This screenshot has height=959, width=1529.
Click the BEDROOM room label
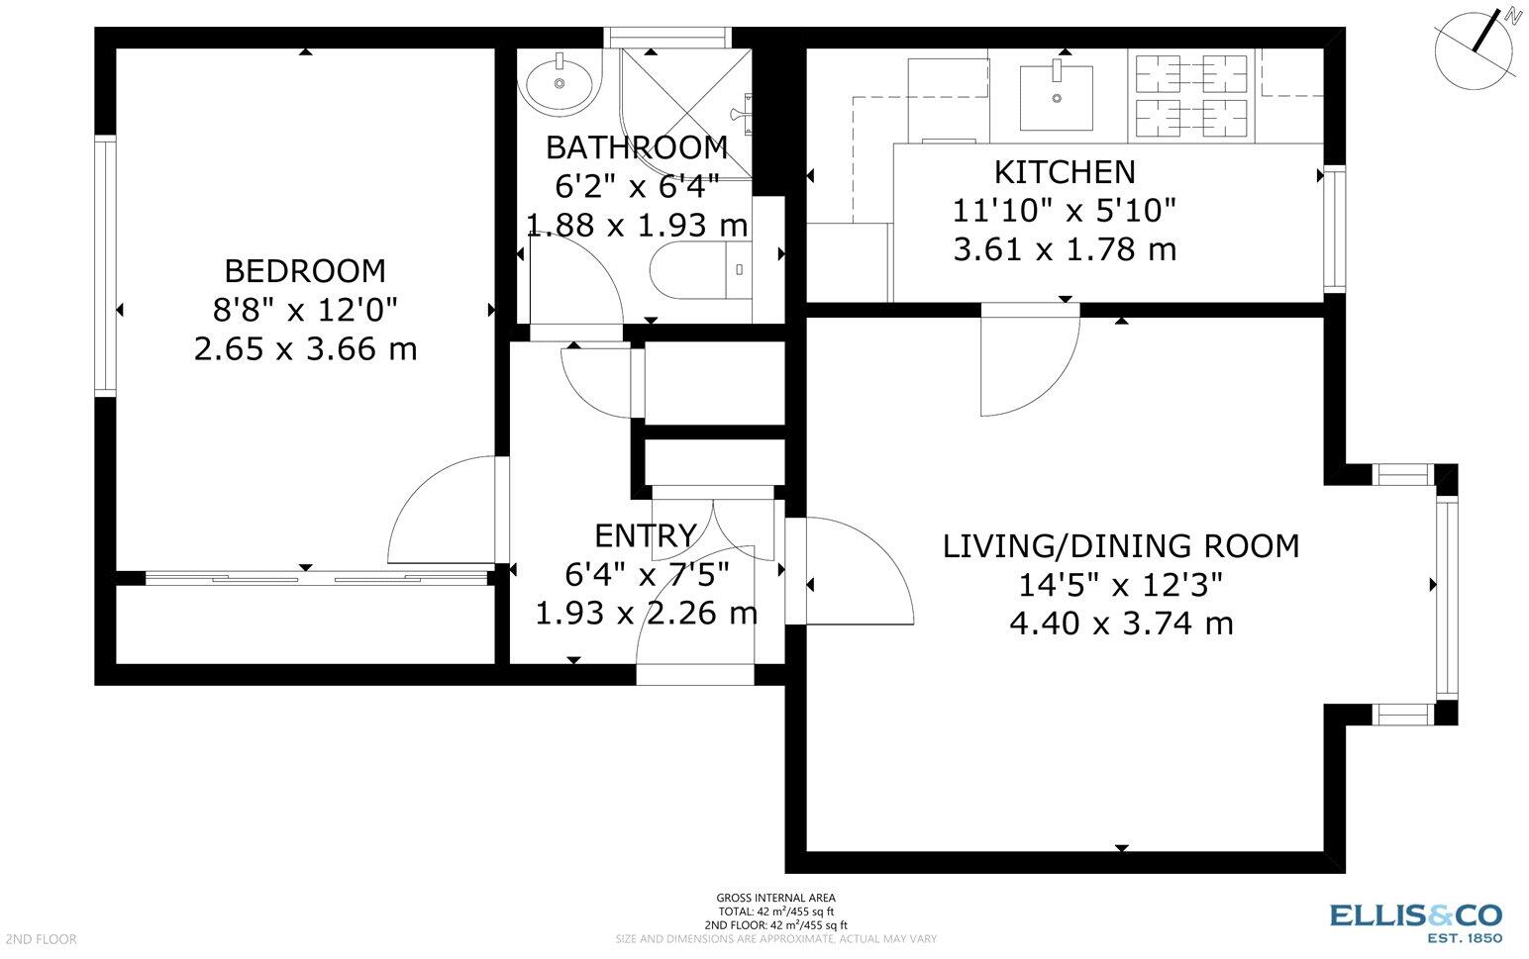point(305,271)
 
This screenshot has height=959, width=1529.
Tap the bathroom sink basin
point(560,83)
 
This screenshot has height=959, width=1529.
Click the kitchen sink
point(1056,98)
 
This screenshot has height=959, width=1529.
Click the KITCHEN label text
point(1065,172)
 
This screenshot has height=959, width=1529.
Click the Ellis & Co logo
point(1416,922)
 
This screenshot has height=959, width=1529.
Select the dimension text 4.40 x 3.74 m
point(1121,623)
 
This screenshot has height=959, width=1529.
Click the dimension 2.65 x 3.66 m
point(305,349)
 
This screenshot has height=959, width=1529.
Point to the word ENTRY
point(646,535)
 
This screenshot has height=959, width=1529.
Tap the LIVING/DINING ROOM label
point(1121,546)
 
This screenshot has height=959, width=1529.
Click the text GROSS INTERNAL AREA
point(775,898)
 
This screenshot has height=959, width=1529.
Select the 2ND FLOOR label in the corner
point(41,939)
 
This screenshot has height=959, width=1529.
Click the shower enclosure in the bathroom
point(686,114)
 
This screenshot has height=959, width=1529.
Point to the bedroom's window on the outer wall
point(105,266)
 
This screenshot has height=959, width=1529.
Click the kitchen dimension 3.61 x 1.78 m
point(1065,249)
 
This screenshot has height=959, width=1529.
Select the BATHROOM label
point(637,147)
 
